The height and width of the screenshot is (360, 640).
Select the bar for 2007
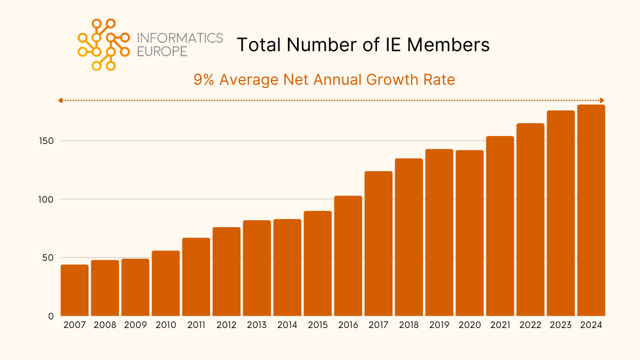[x=75, y=290]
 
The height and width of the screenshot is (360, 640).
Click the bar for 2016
[x=348, y=256]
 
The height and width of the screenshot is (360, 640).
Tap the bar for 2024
[x=591, y=210]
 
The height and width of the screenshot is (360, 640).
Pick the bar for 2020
[x=469, y=233]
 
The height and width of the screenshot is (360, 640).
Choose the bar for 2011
[x=196, y=277]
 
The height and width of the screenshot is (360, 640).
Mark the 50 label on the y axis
[x=49, y=258]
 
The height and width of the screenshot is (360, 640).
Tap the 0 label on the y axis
[x=51, y=316]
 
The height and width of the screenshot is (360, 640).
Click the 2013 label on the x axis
[x=257, y=325]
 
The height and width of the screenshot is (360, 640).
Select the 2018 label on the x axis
[x=409, y=325]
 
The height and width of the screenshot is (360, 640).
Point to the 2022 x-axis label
[x=530, y=325]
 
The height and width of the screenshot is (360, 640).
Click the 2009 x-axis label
[x=135, y=325]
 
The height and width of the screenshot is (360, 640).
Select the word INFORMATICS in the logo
[x=180, y=38]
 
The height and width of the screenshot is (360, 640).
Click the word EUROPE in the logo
[x=162, y=52]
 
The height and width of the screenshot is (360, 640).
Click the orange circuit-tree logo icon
[x=103, y=44]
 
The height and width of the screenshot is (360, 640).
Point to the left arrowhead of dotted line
[x=61, y=100]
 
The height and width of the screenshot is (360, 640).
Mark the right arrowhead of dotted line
[x=602, y=100]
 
